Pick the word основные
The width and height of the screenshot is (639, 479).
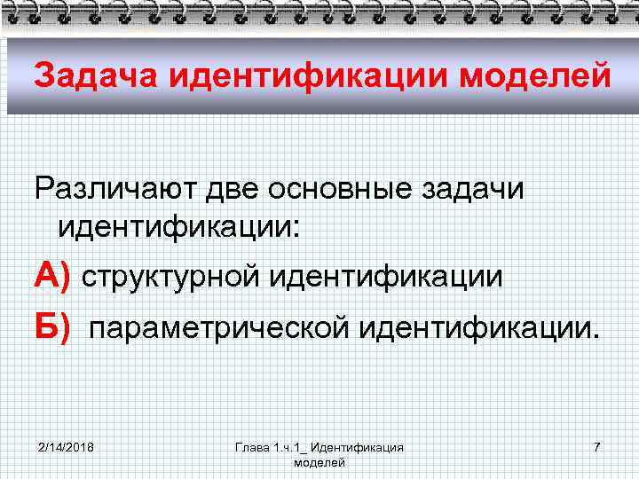coord(347,190)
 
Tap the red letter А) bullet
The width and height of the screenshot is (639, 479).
coord(51,278)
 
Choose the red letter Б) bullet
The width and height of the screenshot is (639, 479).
coord(51,329)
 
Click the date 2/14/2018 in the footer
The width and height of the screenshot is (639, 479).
coord(67,447)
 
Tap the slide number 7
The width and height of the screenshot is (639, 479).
coord(596,447)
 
